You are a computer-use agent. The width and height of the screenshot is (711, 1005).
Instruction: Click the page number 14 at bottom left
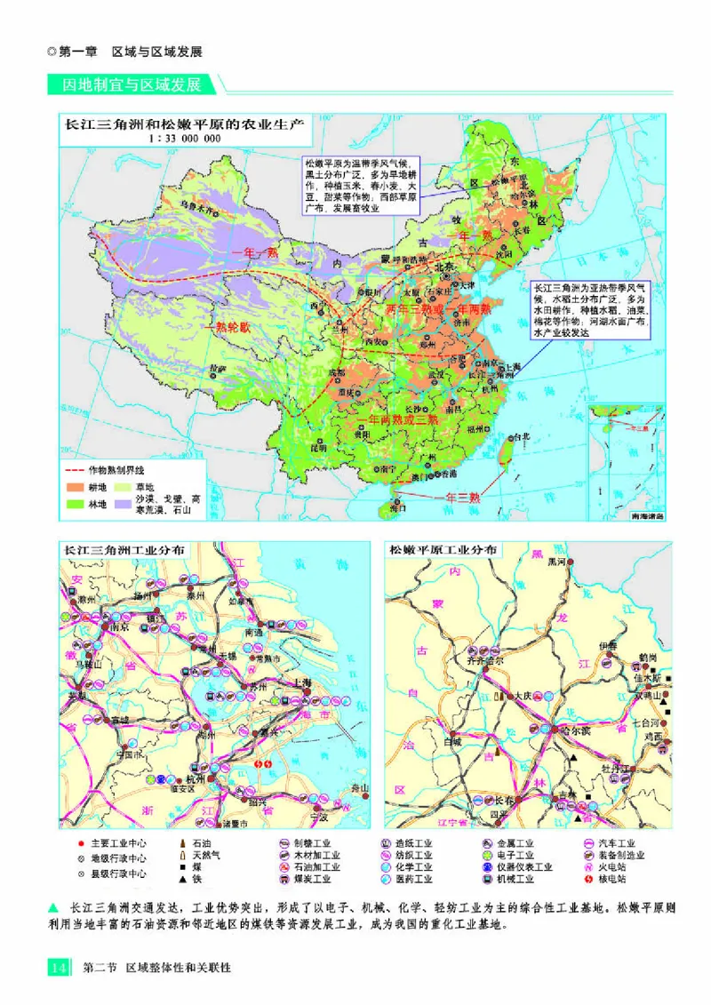(57, 967)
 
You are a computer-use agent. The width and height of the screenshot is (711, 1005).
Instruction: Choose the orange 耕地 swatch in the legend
(73, 488)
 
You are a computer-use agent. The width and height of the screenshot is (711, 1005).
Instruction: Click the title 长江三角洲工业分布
(123, 550)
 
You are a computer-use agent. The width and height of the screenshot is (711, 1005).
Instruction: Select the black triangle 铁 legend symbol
(182, 879)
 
